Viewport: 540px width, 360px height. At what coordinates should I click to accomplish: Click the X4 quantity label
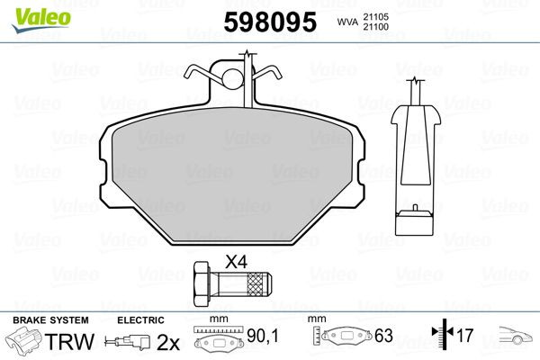point(235,262)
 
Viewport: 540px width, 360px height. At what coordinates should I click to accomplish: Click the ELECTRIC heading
point(140,320)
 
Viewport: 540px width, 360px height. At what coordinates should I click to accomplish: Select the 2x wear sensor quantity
point(167,343)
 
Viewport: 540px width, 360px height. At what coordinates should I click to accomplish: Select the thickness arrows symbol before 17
point(441,337)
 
